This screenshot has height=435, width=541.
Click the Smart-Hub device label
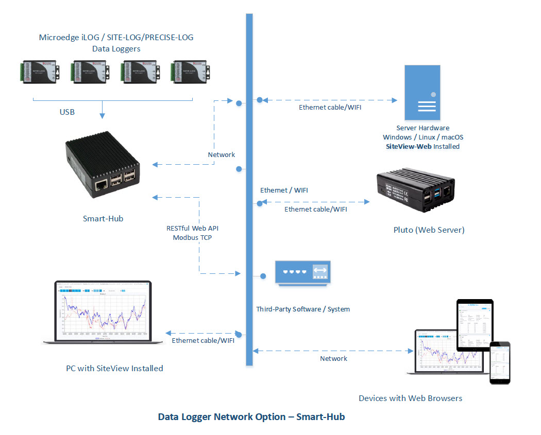tap(103, 218)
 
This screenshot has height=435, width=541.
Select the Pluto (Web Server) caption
tap(429, 230)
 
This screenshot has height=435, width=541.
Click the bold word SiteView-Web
tap(408, 146)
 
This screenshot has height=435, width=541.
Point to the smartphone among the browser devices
tap(499, 362)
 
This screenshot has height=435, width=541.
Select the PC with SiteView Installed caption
tap(114, 368)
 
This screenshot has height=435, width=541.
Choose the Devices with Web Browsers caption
tap(410, 398)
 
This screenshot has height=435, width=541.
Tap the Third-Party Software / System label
tap(303, 309)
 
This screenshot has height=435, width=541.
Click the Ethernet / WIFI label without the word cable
tap(284, 190)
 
